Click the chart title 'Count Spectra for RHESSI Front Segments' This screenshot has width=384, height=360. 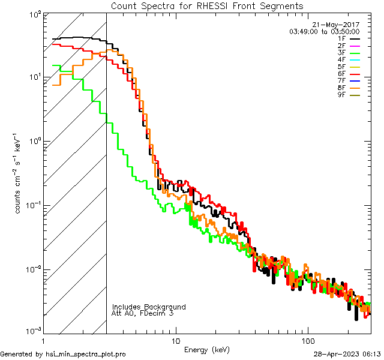click(207, 6)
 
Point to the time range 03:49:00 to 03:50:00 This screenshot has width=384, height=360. click(324, 31)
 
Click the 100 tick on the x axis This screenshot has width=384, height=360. click(307, 340)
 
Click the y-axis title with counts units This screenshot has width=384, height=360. click(19, 174)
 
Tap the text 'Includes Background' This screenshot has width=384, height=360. click(149, 307)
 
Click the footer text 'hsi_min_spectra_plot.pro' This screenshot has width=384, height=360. click(86, 355)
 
